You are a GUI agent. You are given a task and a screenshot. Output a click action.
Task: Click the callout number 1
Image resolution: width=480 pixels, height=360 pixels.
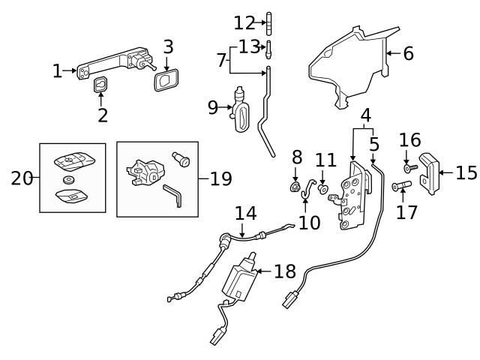(x=57, y=71)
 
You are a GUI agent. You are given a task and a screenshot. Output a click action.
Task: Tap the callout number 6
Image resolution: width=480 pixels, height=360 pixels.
(x=408, y=53)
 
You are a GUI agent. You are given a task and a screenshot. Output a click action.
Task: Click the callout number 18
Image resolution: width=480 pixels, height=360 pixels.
(x=285, y=271)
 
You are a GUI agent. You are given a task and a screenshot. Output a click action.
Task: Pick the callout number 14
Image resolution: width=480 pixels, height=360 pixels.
(x=245, y=213)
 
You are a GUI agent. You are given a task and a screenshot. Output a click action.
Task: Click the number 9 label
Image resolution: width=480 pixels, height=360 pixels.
(x=213, y=108)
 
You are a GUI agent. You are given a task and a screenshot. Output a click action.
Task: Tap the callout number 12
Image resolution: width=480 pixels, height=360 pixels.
(x=244, y=22)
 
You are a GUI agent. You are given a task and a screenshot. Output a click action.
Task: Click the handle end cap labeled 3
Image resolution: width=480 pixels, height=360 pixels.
(x=165, y=80)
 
